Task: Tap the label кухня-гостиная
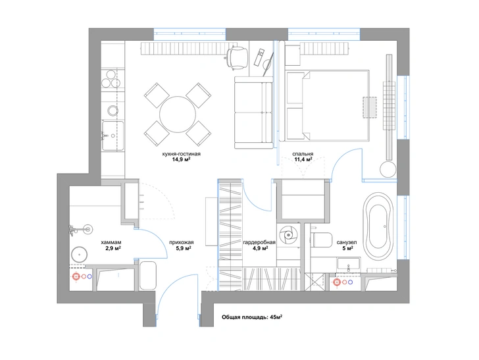[x=182, y=154]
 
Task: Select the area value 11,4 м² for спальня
[x=303, y=159]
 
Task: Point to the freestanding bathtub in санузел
[x=378, y=226]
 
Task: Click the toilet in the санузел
[x=321, y=240]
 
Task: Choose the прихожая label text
[x=182, y=242]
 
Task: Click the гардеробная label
[x=259, y=242]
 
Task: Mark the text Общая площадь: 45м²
[x=252, y=317]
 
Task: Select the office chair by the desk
[x=237, y=57]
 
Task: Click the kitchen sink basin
[x=113, y=136]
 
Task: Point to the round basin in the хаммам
[x=80, y=254]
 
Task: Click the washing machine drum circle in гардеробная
[x=288, y=235]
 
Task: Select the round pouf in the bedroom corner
[x=388, y=168]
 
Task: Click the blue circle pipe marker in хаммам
[x=89, y=276]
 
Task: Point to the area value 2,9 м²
[x=113, y=249]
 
